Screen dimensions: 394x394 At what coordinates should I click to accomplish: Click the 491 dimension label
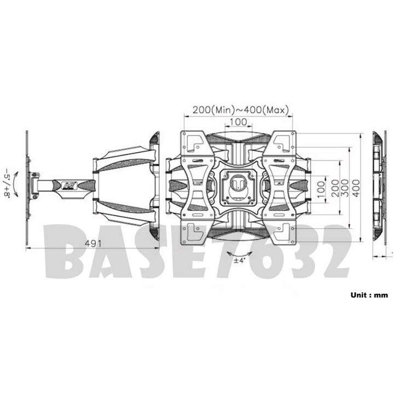click(93, 243)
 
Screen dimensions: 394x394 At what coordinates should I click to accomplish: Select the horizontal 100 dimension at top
click(238, 122)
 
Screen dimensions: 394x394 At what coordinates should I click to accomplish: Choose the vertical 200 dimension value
click(336, 188)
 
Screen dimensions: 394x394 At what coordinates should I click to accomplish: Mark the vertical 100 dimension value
click(321, 188)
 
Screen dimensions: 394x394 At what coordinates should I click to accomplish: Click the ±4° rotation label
click(239, 260)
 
